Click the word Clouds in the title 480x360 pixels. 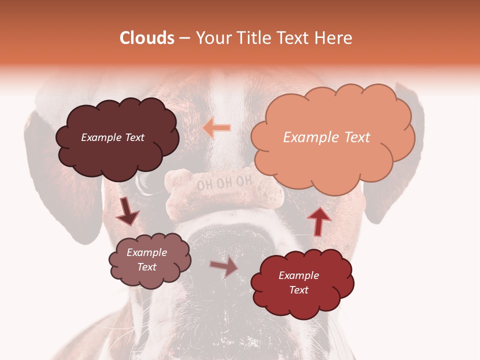147,38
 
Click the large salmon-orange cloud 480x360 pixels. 332,137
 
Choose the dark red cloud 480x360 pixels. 302,283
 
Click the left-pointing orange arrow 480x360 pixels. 217,127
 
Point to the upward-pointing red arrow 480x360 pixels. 318,221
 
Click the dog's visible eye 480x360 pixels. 146,181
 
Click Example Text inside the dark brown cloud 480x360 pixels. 112,137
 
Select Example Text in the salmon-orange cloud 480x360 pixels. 326,137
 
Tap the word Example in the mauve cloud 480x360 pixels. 147,252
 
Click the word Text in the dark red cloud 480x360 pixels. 299,290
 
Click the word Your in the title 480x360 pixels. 211,38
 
